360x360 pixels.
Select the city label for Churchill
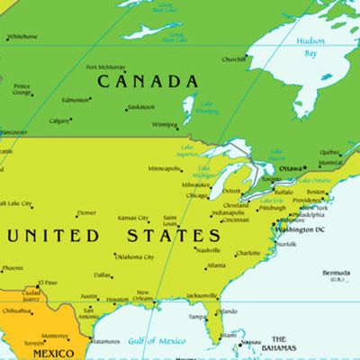pyautogui.click(x=234, y=59)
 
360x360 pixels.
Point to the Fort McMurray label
pyautogui.click(x=105, y=67)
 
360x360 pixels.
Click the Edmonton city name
pyautogui.click(x=76, y=100)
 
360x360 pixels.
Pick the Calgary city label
pyautogui.click(x=59, y=121)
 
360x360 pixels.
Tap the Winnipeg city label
pyautogui.click(x=164, y=125)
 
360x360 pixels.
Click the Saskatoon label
pyautogui.click(x=141, y=107)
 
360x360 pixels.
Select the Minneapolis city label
pyautogui.click(x=164, y=168)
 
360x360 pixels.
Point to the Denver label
pyautogui.click(x=86, y=213)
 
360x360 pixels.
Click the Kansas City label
pyautogui.click(x=133, y=218)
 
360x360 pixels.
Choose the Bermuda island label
pyautogui.click(x=336, y=272)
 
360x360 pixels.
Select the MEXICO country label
pyautogui.click(x=52, y=354)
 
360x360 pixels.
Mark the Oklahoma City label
pyautogui.click(x=134, y=256)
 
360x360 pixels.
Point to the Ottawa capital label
pyautogui.click(x=291, y=168)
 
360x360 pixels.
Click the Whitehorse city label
pyautogui.click(x=22, y=37)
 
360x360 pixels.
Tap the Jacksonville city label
pyautogui.click(x=202, y=295)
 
